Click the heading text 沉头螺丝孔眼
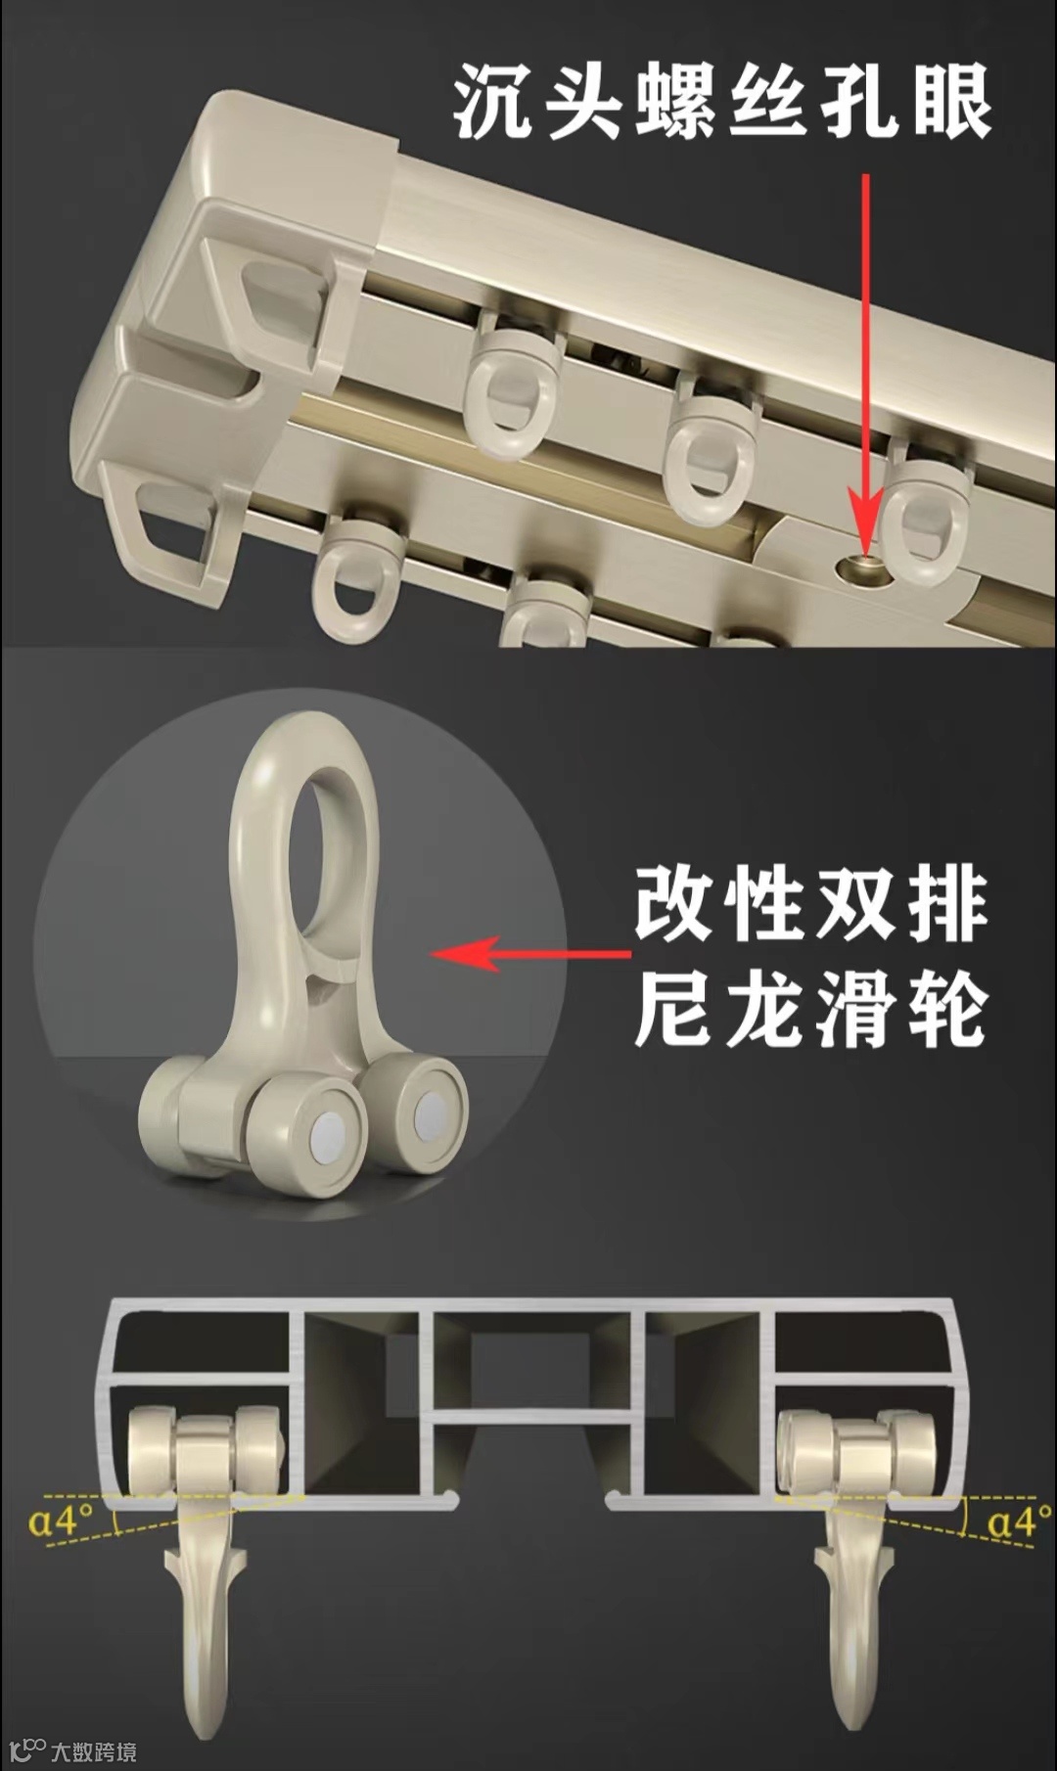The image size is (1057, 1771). click(723, 102)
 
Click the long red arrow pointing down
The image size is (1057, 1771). click(865, 364)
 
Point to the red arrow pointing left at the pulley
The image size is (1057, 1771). click(530, 953)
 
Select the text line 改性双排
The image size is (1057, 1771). click(810, 904)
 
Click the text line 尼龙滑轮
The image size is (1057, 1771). click(810, 1010)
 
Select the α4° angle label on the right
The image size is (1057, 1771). click(1019, 1521)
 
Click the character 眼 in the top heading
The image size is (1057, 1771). click(952, 102)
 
